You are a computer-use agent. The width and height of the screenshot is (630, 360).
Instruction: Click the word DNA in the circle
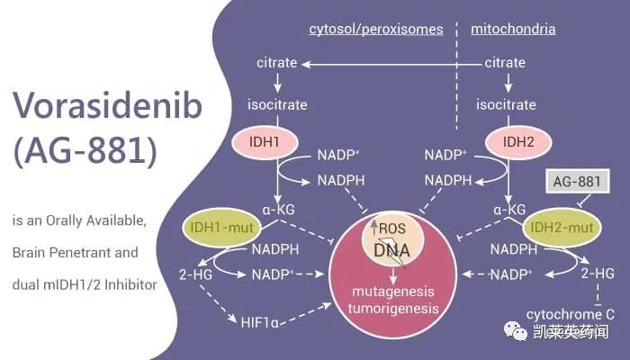(x=392, y=249)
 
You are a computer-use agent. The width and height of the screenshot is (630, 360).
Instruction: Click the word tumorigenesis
(x=393, y=309)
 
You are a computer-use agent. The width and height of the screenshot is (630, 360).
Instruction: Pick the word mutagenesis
(x=393, y=291)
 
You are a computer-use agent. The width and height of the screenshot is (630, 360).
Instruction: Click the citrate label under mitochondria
(x=505, y=63)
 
